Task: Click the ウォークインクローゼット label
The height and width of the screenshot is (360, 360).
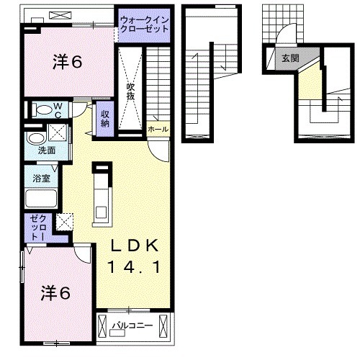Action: click(145, 24)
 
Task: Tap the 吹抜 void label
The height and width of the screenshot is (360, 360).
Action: click(131, 92)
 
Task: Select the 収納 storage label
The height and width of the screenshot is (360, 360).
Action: click(105, 118)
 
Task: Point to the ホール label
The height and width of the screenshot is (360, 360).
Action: click(158, 129)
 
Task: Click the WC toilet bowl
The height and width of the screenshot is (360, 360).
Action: click(42, 109)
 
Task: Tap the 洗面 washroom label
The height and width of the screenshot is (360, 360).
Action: click(47, 150)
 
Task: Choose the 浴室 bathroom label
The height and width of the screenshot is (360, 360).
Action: click(41, 178)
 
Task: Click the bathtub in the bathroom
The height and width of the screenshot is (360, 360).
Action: click(41, 199)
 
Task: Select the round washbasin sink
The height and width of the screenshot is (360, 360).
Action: click(37, 138)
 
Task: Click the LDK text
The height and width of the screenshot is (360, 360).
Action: click(135, 246)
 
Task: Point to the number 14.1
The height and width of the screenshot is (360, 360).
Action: click(134, 267)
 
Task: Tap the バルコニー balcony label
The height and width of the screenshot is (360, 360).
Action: click(132, 325)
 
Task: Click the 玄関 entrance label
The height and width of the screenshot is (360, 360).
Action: click(290, 58)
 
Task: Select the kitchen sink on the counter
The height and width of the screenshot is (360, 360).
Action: click(102, 212)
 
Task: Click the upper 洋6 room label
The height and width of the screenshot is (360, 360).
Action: click(68, 61)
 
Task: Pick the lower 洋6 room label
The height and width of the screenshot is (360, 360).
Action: click(55, 293)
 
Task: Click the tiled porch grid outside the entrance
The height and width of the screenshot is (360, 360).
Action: click(283, 24)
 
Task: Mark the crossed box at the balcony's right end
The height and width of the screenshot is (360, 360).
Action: click(163, 327)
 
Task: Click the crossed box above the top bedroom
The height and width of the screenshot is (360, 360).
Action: click(60, 16)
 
